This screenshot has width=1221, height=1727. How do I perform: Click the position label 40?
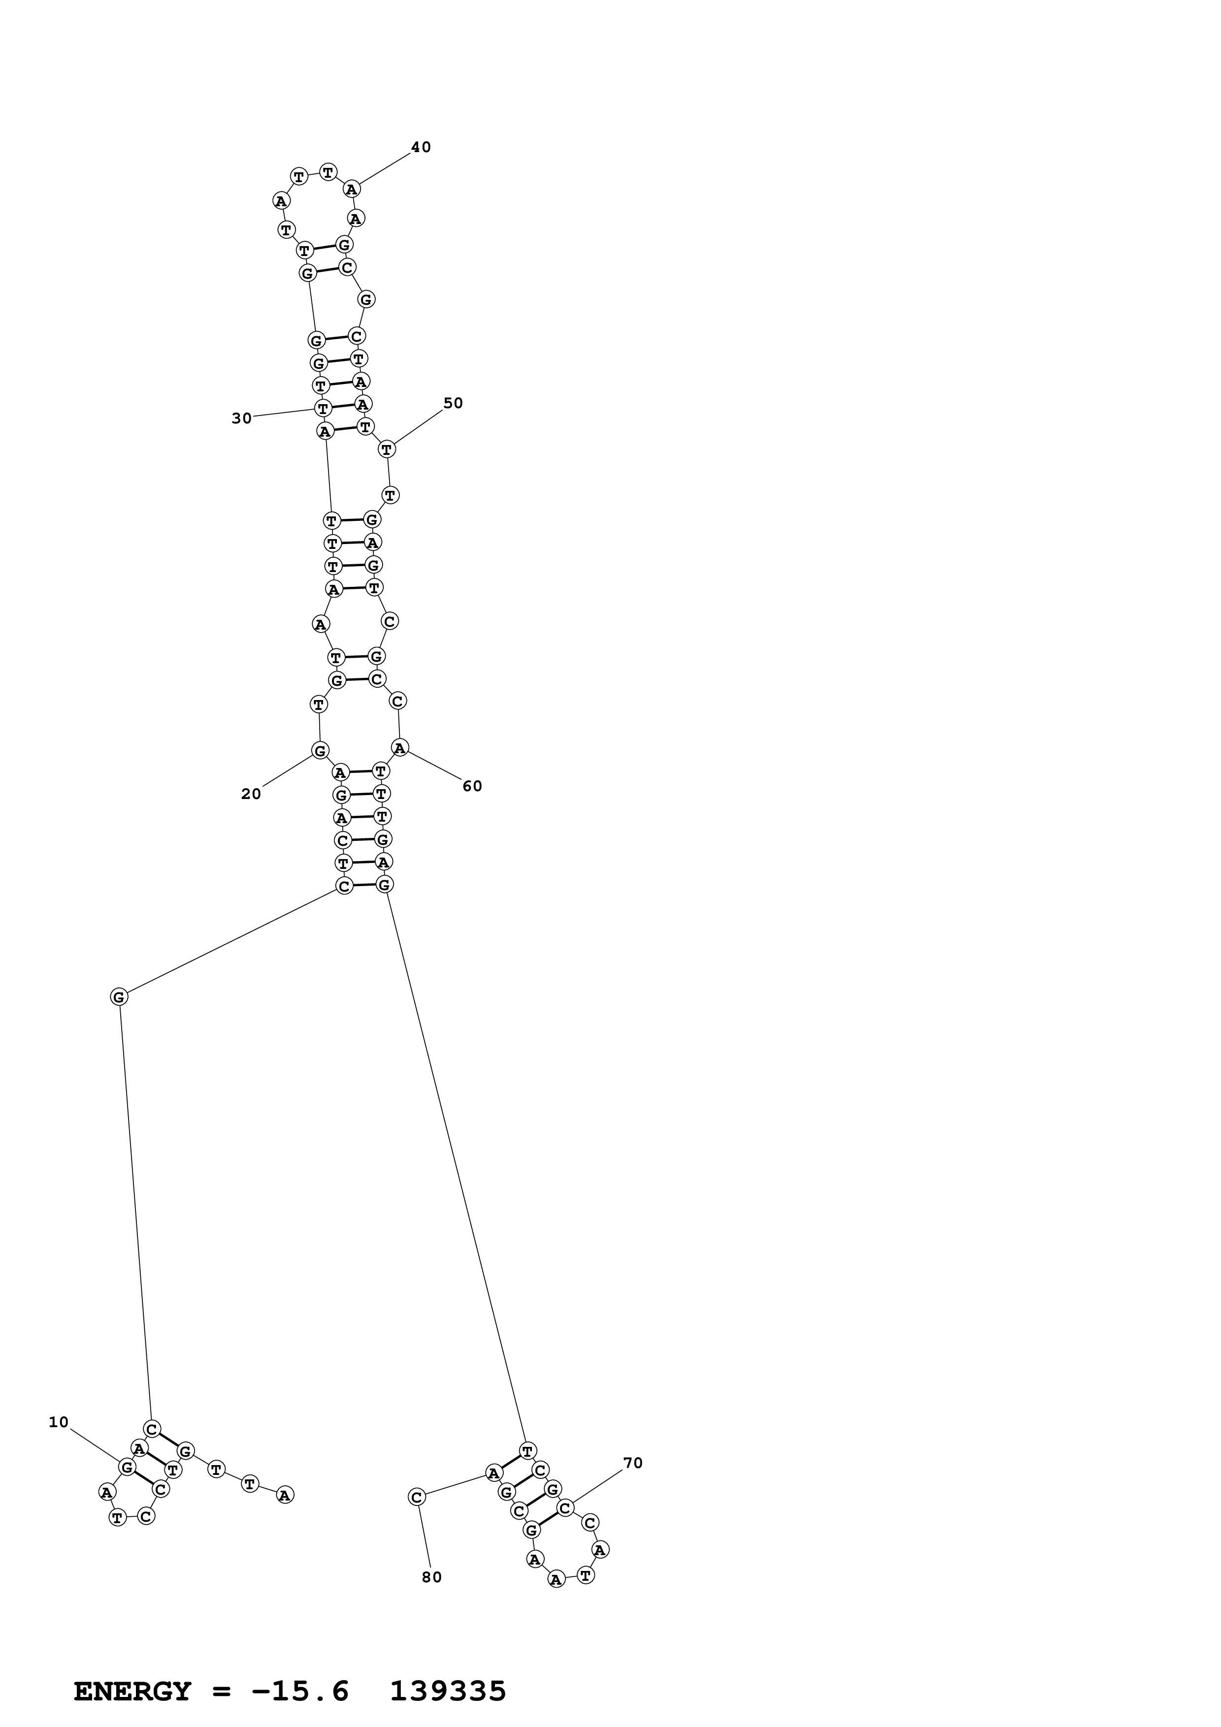pos(421,147)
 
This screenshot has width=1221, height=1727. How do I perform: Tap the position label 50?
pos(453,403)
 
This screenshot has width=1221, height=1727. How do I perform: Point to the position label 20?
pos(251,794)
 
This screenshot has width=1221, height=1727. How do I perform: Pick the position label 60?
pos(472,786)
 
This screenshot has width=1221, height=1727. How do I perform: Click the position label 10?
pos(59,1422)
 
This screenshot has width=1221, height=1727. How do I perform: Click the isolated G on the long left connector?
pos(119,996)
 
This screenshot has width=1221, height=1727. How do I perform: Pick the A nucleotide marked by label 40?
pos(351,189)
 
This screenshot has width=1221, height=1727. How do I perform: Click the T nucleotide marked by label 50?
pos(387,449)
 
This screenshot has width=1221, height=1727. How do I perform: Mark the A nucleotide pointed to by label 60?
pos(399,748)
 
